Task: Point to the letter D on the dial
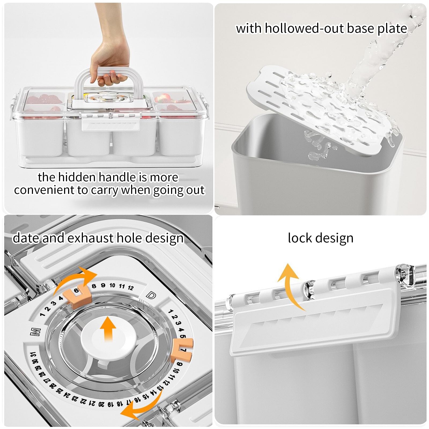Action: tap(151, 295)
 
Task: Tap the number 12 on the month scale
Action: tap(131, 288)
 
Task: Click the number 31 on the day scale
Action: tap(33, 355)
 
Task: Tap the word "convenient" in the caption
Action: tap(44, 190)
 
